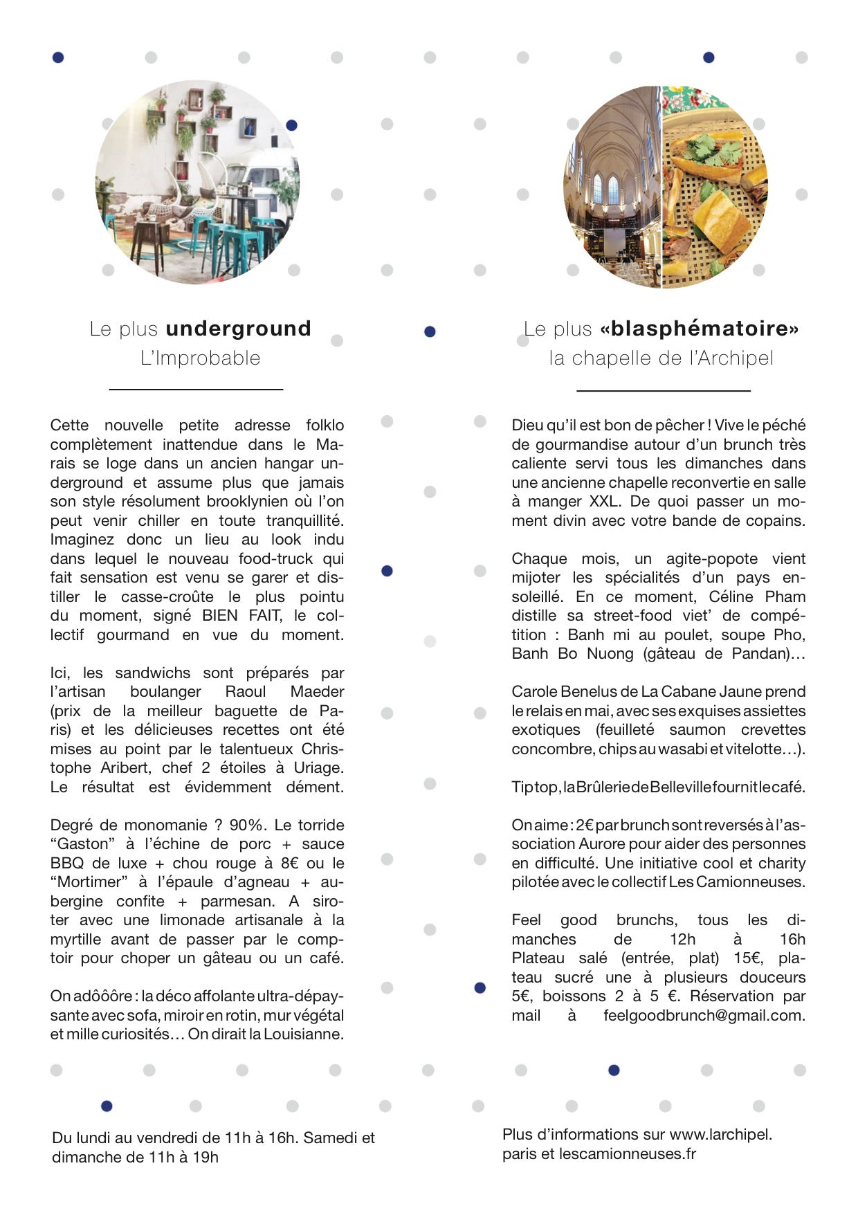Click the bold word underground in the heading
tap(238, 329)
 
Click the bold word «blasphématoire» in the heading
tap(700, 329)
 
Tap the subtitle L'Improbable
tap(200, 358)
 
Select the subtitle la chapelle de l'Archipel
tap(661, 358)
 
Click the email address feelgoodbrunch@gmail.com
tap(704, 1015)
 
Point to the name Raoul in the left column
tap(245, 691)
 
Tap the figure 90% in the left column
tap(246, 825)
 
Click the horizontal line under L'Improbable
tap(196, 390)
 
